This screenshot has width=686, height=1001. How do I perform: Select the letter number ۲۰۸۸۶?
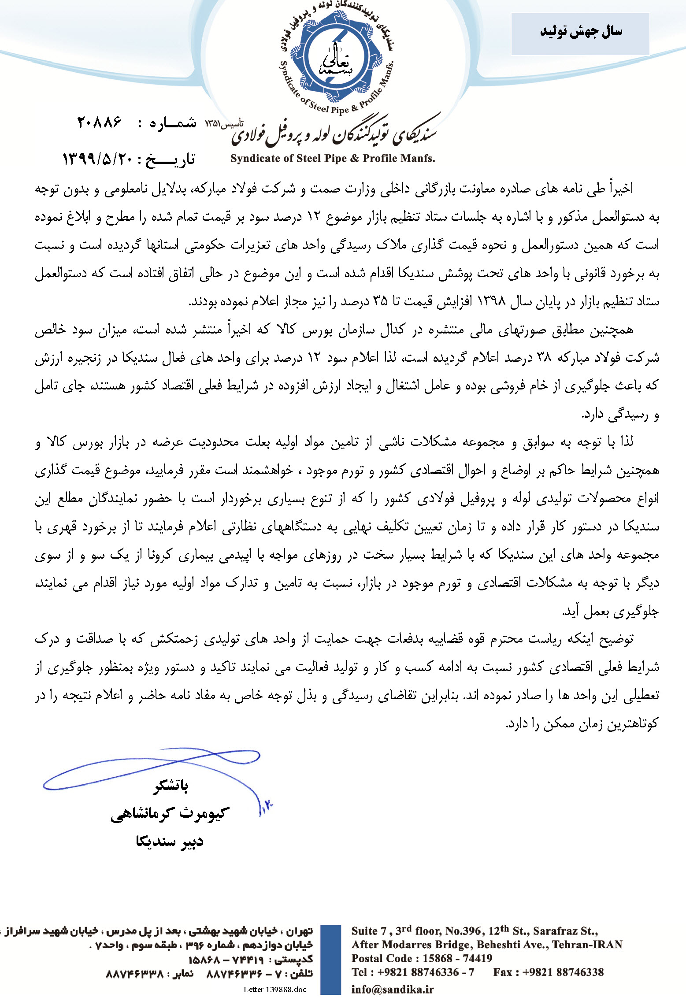coord(99,122)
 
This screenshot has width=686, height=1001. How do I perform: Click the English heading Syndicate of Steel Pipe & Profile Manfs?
coord(333,159)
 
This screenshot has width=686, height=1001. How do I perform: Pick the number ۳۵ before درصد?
coord(381,302)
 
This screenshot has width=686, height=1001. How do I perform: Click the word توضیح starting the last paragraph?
coord(617,639)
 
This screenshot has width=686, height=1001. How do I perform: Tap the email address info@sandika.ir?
coord(392,989)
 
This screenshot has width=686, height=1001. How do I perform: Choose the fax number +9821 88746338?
coord(563,972)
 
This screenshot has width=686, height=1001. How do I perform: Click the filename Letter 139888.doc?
coord(274,990)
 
